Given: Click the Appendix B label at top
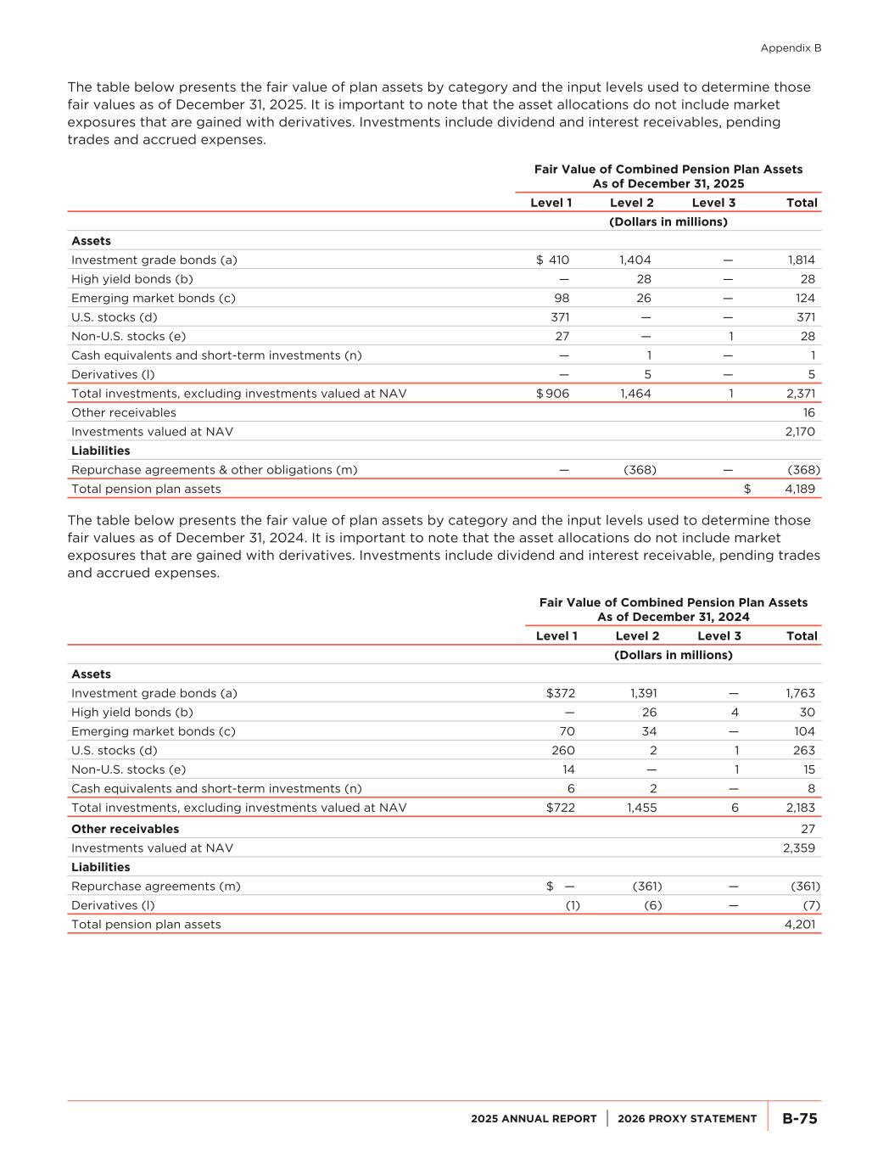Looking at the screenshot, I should click(x=791, y=48).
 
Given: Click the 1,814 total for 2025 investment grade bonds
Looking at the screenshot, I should click(x=801, y=260).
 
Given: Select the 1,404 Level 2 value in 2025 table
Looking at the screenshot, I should click(x=635, y=260).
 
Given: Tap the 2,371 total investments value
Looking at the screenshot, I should click(x=801, y=394).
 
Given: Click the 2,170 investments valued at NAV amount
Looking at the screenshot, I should click(x=800, y=432).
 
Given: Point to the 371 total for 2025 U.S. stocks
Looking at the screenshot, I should click(x=805, y=317).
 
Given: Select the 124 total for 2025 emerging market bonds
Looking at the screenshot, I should click(x=805, y=299).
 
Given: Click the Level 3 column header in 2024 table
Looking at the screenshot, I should click(x=718, y=636).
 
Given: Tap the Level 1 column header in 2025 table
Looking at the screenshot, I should click(x=551, y=203).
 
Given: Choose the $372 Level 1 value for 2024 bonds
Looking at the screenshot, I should click(x=561, y=693).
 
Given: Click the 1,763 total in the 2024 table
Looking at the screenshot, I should click(x=800, y=693).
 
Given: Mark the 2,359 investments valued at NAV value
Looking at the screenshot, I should click(x=800, y=848).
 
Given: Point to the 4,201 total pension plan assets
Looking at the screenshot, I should click(x=800, y=925).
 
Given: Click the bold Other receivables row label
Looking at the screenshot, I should click(x=125, y=829).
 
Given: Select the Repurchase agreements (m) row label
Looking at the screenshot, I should click(x=155, y=887).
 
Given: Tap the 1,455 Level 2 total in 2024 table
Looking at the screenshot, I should click(x=642, y=808).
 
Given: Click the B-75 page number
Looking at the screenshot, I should click(x=799, y=1119).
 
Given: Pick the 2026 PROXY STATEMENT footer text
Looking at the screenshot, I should click(x=687, y=1119).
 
